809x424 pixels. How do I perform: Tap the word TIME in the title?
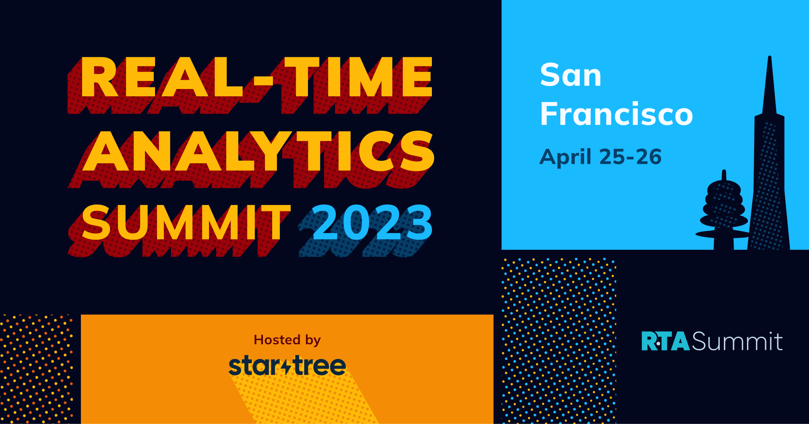point(358,77)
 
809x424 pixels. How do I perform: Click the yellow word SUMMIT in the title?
point(186,222)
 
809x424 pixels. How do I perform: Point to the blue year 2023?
point(372,222)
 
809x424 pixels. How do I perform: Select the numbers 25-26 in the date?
point(630,157)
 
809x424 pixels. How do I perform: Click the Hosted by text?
point(287,340)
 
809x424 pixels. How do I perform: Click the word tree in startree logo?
point(319,365)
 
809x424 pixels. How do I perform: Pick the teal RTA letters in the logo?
point(665,341)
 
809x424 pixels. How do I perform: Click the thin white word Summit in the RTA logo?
point(737,341)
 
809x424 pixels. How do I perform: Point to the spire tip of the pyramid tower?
point(769,57)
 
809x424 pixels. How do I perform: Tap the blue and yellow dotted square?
point(559,341)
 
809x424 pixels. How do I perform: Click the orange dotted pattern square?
point(37,369)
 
